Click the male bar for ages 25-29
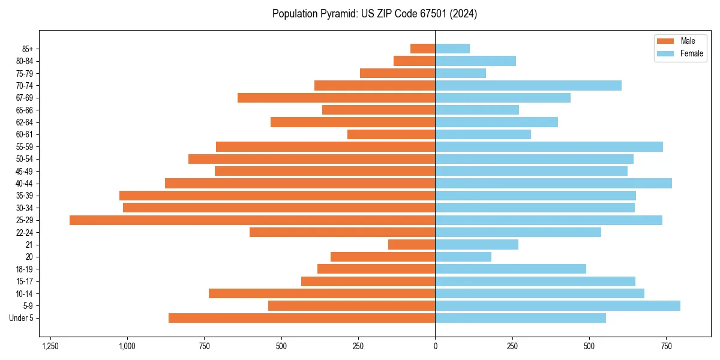coord(252,220)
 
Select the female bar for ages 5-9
coord(557,306)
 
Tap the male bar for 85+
coord(422,49)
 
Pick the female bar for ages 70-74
coord(528,86)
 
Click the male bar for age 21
coord(412,245)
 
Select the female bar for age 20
coord(463,257)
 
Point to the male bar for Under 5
coord(302,318)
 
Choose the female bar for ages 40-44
coord(553,184)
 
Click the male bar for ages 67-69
coord(336,98)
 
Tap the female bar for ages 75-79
coord(460,73)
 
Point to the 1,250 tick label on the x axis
coord(50,346)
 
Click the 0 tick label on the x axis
coord(435,346)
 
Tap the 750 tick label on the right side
coord(666,346)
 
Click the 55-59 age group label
coord(25,147)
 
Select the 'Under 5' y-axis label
coord(22,318)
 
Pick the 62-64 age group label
coord(25,122)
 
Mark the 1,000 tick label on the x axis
coord(127,346)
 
